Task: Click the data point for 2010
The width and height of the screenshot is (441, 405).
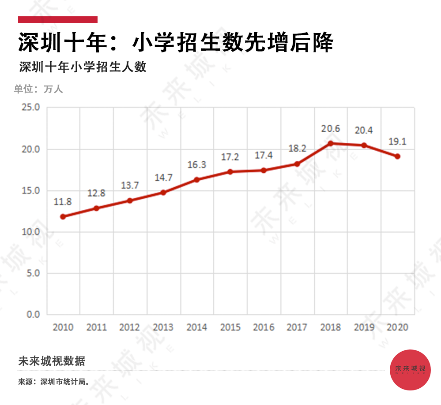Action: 63,216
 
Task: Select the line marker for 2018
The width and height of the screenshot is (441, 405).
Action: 331,143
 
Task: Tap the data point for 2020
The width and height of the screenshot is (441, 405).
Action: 397,156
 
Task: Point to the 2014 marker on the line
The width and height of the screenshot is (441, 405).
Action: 197,179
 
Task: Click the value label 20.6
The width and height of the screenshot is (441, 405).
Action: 331,129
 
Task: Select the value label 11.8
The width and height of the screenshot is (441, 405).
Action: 63,202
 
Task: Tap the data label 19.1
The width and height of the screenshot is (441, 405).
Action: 397,142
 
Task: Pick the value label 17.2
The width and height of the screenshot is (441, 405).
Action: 230,157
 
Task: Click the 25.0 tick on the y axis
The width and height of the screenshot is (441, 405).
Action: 31,108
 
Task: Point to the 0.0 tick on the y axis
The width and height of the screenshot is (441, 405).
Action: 33,315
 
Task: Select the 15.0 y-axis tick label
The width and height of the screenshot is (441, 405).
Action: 31,190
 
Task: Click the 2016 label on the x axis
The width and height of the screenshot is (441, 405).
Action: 264,327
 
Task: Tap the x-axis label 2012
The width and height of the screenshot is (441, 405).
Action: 130,327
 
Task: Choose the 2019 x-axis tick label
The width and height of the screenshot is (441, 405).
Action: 364,327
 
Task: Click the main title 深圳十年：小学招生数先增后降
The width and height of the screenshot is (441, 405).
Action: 175,43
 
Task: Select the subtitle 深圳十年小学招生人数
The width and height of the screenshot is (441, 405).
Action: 83,67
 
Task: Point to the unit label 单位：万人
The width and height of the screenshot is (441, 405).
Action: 38,89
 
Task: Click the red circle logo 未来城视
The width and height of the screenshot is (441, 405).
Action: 411,369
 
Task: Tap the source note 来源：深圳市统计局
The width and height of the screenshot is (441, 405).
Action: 54,382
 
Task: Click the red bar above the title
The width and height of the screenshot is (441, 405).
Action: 58,19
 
